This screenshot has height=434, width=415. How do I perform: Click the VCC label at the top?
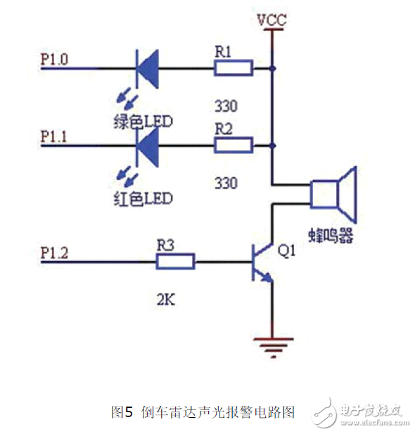[x=271, y=19]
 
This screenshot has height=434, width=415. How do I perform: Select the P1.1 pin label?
[x=54, y=137]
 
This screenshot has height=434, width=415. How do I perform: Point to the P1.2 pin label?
[x=54, y=253]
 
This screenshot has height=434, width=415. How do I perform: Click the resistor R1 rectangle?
[x=234, y=68]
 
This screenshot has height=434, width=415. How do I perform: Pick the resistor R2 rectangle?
[x=234, y=146]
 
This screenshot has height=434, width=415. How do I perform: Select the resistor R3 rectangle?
[x=175, y=262]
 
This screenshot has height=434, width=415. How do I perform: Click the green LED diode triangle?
[x=146, y=68]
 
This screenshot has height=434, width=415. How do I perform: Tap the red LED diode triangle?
[x=146, y=146]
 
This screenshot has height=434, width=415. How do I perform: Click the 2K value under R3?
[x=167, y=302]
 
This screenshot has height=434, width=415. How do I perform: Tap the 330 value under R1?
[x=225, y=107]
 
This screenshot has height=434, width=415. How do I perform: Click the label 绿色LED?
[x=143, y=122]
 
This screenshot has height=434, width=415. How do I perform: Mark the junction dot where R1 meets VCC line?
[x=272, y=68]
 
